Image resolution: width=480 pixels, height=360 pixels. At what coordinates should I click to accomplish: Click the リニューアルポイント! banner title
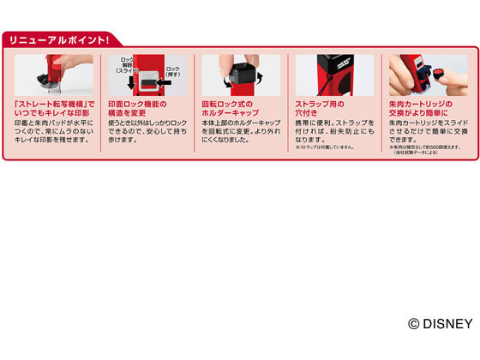pos(59,40)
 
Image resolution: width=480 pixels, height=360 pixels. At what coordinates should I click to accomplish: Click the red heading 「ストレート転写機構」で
pos(53,105)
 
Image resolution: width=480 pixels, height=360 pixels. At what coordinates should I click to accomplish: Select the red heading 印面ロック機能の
pos(140,105)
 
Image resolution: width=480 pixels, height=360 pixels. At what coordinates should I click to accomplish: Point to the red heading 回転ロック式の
pos(225,105)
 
